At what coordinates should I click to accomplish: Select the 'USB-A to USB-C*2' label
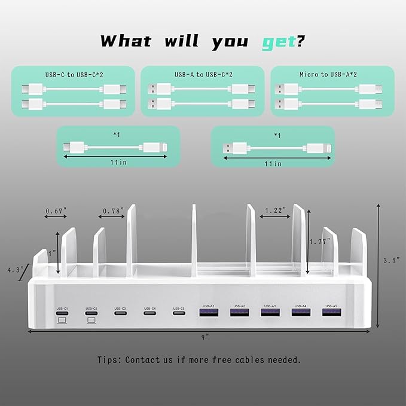click(x=202, y=74)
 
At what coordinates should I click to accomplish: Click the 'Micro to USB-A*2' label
click(x=332, y=74)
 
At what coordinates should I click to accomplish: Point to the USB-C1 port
click(x=62, y=313)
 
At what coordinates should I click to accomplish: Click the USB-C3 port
click(x=120, y=313)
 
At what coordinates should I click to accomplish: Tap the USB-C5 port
click(x=179, y=313)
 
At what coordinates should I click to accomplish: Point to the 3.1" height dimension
click(x=392, y=260)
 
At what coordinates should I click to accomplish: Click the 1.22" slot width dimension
click(x=276, y=210)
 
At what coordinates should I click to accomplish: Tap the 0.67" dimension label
click(x=54, y=210)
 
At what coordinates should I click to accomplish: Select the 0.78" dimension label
click(x=113, y=210)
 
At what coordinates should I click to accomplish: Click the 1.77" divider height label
click(x=320, y=242)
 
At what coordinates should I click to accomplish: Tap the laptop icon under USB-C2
click(x=91, y=320)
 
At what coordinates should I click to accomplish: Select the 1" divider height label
click(x=52, y=253)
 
